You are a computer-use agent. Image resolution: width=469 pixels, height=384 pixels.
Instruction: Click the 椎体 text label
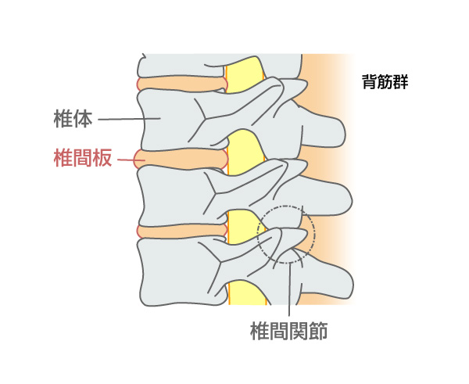73,119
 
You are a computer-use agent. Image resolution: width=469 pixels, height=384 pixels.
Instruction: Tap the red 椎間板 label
83,158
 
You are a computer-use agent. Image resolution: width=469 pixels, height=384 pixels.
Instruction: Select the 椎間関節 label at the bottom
288,331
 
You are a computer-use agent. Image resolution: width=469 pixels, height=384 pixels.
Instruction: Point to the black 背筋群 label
385,81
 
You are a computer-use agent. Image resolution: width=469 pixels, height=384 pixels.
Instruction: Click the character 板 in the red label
102,158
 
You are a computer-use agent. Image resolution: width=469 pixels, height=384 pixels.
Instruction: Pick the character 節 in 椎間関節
318,331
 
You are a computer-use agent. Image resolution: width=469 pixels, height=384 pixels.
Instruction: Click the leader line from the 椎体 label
129,119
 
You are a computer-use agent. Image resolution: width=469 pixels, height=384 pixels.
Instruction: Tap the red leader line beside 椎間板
131,160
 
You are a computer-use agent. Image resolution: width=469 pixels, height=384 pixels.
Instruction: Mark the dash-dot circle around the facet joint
315,235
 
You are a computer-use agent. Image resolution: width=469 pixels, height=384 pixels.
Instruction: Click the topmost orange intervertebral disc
182,84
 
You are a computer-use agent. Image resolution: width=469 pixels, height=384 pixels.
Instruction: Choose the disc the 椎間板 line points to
181,160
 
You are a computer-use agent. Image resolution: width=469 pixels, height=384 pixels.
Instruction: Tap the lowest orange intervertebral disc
182,231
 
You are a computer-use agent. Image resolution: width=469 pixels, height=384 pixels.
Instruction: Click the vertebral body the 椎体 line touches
167,120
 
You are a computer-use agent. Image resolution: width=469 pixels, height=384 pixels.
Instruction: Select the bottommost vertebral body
177,272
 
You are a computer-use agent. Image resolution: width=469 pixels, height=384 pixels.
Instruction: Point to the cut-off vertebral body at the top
180,66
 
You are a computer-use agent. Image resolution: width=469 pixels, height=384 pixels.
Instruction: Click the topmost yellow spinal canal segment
244,74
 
